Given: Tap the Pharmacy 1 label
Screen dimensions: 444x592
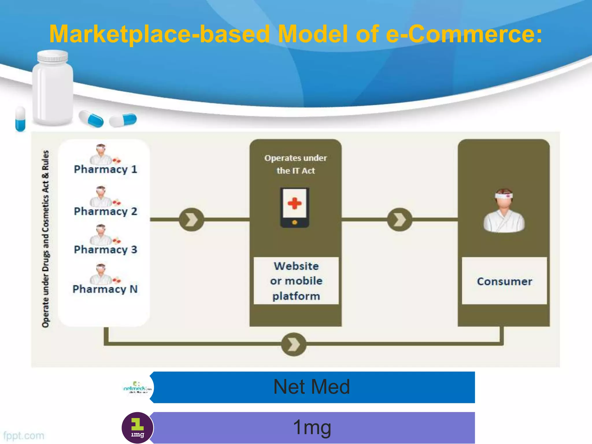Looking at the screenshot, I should click(x=106, y=169).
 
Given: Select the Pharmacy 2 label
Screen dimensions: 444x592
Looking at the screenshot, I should click(x=106, y=211).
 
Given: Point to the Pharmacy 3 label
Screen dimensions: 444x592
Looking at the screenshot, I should click(x=106, y=249).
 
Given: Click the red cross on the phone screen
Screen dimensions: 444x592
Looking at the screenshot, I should click(x=295, y=203).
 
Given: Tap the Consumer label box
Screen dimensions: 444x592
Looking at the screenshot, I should click(x=504, y=281).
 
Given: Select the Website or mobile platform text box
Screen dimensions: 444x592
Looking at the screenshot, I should click(x=296, y=281).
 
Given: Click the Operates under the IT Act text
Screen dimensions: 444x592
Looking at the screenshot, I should click(x=295, y=164).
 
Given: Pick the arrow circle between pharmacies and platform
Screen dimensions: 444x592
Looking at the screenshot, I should click(x=191, y=220).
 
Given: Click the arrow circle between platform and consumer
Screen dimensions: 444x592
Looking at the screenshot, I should click(x=400, y=220).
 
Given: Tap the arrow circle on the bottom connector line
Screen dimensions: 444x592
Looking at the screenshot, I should click(x=294, y=344).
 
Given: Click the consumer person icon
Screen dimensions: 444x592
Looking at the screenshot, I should click(x=504, y=211).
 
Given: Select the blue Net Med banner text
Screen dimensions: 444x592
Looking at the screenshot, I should click(x=312, y=387).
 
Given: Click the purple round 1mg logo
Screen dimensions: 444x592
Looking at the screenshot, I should click(x=137, y=428).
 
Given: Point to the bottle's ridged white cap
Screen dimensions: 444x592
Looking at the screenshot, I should click(x=53, y=56).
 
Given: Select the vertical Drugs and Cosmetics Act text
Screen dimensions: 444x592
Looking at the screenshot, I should click(x=46, y=238).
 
